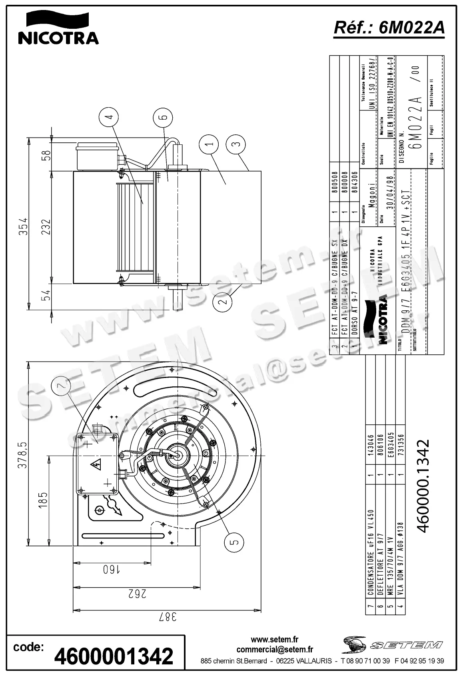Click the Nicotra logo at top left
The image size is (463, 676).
(x=58, y=28)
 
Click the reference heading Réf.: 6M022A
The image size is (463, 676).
(x=389, y=28)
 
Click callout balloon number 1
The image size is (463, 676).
(x=211, y=143)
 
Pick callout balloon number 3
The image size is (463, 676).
(x=236, y=143)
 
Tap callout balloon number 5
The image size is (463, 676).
(x=235, y=542)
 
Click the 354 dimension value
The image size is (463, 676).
(x=24, y=226)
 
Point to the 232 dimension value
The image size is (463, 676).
(x=47, y=227)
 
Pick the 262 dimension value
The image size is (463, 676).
(x=137, y=594)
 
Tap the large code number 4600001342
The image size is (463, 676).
(x=114, y=656)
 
